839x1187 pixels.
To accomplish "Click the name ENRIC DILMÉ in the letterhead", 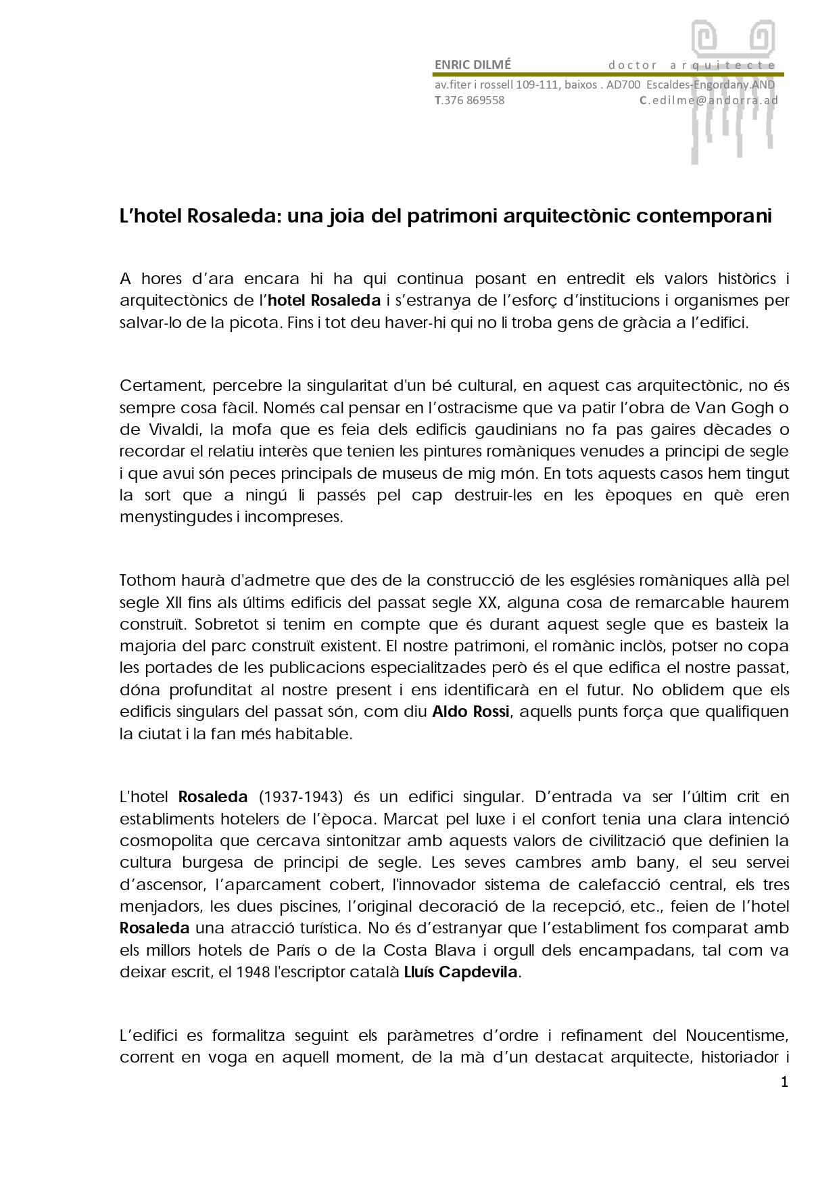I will coord(473,65).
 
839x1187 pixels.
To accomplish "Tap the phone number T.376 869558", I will coord(469,101).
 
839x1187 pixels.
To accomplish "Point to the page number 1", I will coord(784,1082).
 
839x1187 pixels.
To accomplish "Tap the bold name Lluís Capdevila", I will coord(460,973).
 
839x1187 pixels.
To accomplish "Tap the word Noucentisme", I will coord(737,1035).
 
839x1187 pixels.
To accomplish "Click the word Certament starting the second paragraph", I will coord(162,386).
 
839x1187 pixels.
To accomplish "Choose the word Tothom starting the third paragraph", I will coord(147,581).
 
